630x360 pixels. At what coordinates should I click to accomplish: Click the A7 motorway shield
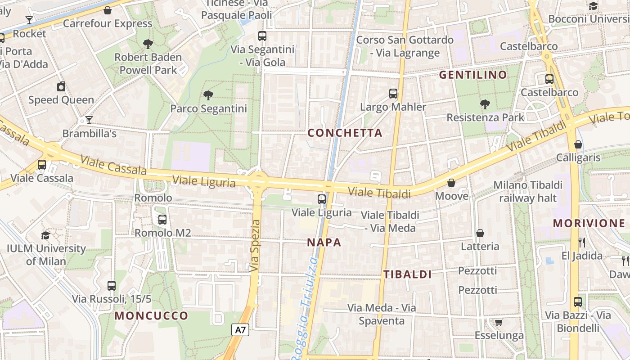tap(241, 330)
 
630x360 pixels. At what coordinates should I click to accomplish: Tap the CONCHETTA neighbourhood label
tap(345, 133)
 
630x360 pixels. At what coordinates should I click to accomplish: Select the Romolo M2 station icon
tap(162, 220)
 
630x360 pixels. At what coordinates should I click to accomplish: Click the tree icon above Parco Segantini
tap(208, 95)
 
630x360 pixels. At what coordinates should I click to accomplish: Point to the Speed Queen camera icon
tap(61, 86)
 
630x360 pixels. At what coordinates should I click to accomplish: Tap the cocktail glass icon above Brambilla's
tap(89, 120)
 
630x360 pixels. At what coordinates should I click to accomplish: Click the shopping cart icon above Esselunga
tap(499, 322)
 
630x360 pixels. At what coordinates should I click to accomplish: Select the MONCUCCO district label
tap(151, 315)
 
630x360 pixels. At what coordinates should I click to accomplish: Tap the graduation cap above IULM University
tap(45, 235)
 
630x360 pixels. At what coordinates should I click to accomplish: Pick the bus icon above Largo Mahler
tap(393, 94)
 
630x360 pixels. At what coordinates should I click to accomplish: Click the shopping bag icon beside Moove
tap(451, 183)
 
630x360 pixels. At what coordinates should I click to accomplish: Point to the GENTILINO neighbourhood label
tap(473, 75)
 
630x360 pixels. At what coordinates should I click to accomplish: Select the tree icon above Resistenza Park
tap(485, 104)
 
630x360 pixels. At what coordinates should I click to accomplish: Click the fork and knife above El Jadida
tap(582, 243)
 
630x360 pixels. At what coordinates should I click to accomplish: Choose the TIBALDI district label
tap(407, 274)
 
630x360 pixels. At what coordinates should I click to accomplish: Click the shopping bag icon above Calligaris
tap(578, 144)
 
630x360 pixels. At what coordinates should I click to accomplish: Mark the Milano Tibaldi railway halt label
tap(528, 191)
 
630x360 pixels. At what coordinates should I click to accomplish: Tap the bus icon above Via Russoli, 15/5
tap(112, 285)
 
